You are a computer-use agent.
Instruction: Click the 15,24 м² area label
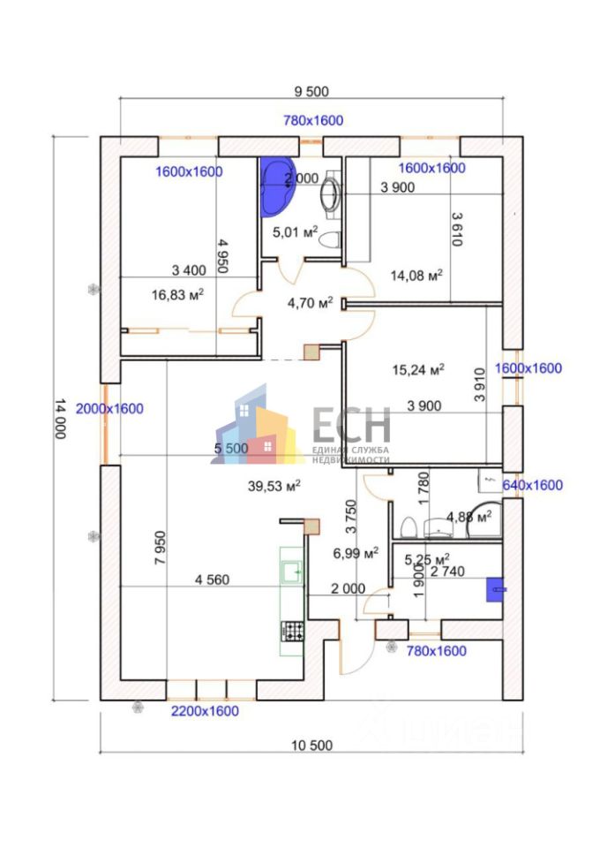point(417,369)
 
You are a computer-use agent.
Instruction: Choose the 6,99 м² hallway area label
point(356,553)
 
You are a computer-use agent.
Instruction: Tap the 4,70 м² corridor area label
point(310,303)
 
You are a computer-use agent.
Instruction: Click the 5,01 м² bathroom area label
point(295,232)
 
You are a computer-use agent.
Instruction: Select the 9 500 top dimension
point(310,92)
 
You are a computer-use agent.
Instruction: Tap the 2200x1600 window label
point(204,710)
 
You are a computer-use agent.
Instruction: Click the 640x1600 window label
point(532,485)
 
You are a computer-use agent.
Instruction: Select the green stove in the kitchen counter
point(292,632)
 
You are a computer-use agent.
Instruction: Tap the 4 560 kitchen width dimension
point(213,580)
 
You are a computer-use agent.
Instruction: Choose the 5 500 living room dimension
point(231,449)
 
